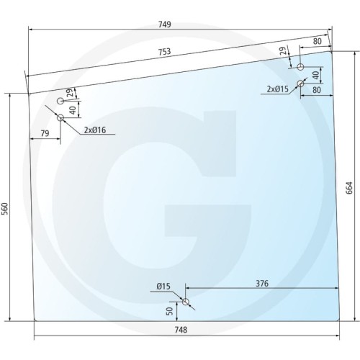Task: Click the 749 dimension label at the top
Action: click(165, 24)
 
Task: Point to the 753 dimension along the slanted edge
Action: click(165, 52)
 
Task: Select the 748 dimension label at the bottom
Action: click(181, 330)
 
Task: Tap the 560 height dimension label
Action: click(5, 209)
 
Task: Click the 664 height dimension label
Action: click(349, 188)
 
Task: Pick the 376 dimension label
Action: click(262, 284)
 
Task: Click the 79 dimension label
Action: click(45, 133)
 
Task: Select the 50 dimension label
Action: click(169, 311)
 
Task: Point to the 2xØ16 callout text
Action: click(95, 130)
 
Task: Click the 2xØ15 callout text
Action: click(278, 89)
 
